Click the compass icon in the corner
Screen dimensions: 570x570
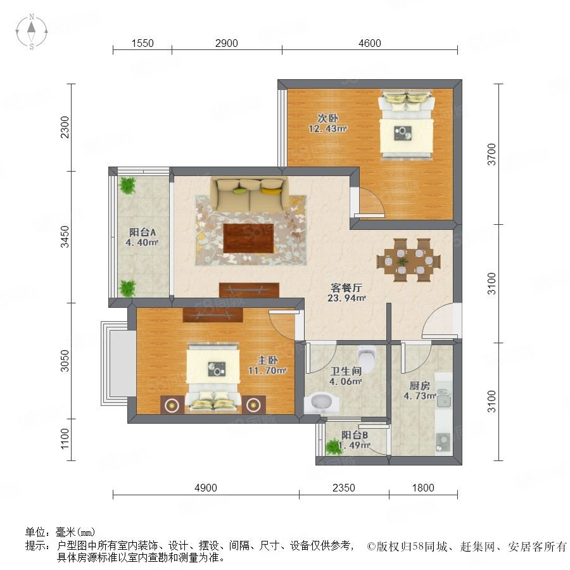click(32, 31)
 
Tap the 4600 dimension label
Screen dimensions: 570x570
click(369, 43)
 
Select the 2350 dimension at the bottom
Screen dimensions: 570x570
click(343, 488)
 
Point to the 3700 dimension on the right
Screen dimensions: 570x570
click(491, 154)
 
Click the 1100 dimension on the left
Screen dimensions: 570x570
click(65, 438)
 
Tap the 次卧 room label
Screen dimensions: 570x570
click(328, 118)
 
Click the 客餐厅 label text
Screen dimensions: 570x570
click(346, 288)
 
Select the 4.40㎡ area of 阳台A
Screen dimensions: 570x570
click(142, 242)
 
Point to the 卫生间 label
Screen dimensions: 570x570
click(346, 371)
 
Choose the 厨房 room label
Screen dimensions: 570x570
click(419, 385)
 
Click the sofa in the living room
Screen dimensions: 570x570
click(250, 194)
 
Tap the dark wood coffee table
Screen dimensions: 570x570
click(249, 238)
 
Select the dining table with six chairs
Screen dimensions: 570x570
click(408, 260)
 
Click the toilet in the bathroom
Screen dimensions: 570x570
click(366, 359)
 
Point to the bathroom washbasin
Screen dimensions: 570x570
click(321, 403)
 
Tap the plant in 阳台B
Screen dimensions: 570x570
click(333, 446)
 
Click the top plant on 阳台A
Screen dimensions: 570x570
click(127, 185)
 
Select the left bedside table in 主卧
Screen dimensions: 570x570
click(172, 404)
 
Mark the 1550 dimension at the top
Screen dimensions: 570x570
click(142, 43)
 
